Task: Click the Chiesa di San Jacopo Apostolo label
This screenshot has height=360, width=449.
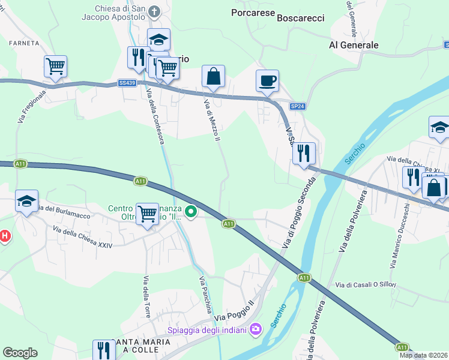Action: pos(121,13)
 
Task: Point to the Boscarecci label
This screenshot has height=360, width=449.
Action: pos(301,18)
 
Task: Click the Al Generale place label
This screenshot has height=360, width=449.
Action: pos(354,45)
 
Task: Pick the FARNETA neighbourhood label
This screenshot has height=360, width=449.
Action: pos(24,43)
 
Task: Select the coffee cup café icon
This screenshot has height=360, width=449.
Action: pos(267,80)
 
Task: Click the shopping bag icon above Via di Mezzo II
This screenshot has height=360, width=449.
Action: pos(213,76)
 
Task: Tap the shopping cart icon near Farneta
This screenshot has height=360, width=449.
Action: pos(55,65)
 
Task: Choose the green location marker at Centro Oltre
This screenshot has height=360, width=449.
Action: pos(191,211)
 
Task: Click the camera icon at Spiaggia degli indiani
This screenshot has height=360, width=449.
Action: pos(256,328)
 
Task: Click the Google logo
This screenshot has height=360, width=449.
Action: pos(20,353)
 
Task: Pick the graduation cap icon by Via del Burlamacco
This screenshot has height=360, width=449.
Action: pos(27,200)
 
